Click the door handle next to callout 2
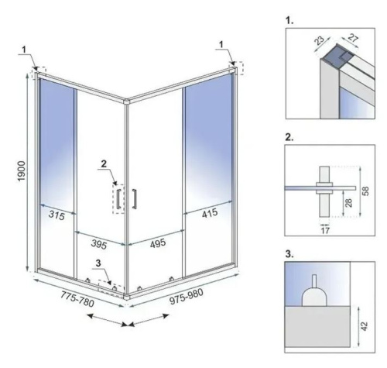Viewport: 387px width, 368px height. (x=133, y=198)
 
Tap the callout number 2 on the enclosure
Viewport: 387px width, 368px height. (x=103, y=163)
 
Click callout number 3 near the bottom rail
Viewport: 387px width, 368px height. (x=97, y=264)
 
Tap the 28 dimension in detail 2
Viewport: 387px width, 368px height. (x=351, y=202)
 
